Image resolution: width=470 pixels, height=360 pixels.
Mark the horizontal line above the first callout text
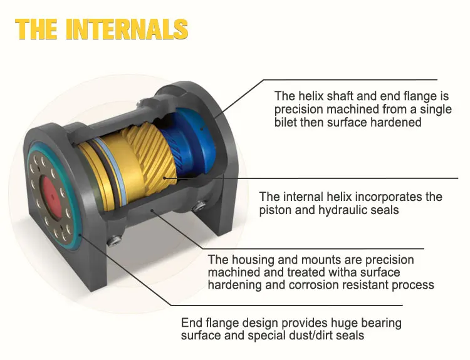(351, 80)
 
